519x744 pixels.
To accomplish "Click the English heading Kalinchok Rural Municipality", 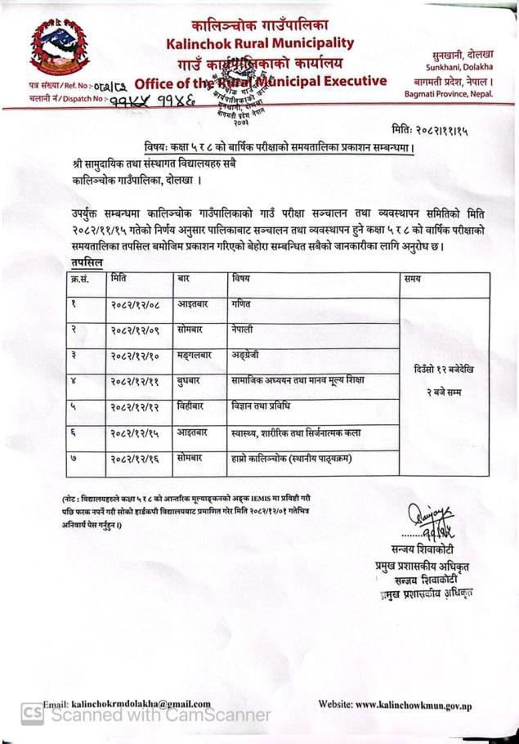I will [x=260, y=43].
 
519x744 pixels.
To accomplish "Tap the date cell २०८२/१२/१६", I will [x=135, y=462].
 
